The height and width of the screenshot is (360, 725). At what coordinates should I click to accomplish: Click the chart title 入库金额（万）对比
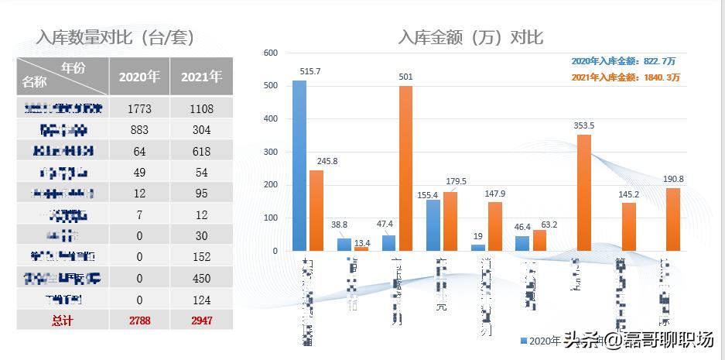pos(470,36)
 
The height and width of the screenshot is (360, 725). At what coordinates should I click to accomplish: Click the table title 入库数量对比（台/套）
pos(115,37)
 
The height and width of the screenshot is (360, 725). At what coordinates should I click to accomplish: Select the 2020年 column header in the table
pos(139,77)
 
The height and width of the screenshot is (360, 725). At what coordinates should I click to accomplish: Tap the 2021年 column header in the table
pos(201,77)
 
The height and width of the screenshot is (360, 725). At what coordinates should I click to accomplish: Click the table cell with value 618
pos(201,151)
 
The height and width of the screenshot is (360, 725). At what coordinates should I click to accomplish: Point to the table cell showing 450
pos(201,278)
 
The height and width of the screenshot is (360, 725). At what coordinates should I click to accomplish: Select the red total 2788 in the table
pos(139,320)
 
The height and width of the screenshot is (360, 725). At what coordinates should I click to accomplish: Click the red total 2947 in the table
pos(201,320)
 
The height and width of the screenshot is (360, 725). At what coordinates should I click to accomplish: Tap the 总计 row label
pos(63,320)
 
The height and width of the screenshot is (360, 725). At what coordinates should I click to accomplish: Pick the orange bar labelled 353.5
pos(584,193)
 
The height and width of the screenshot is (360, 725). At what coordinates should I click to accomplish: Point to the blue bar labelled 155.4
pos(433,225)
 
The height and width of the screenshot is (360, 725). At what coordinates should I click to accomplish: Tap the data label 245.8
pos(316,161)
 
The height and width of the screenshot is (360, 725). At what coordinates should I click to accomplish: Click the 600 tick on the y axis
pos(270,53)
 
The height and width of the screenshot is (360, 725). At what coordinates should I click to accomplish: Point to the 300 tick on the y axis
pos(270,153)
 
